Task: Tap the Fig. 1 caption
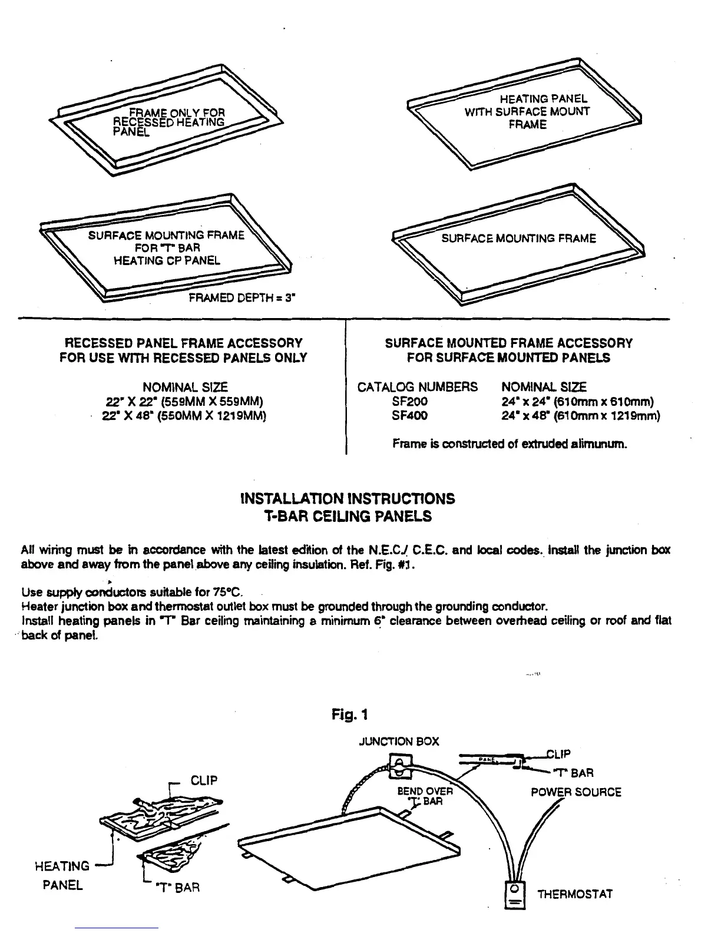tap(350, 715)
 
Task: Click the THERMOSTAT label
tap(575, 894)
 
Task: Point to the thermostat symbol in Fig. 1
tap(514, 895)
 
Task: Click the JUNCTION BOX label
tap(399, 742)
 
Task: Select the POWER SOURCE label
tap(576, 792)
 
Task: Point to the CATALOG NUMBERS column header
tap(418, 387)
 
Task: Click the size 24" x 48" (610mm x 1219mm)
tap(581, 416)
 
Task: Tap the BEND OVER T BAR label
tap(425, 796)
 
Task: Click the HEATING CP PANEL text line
tap(167, 260)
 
